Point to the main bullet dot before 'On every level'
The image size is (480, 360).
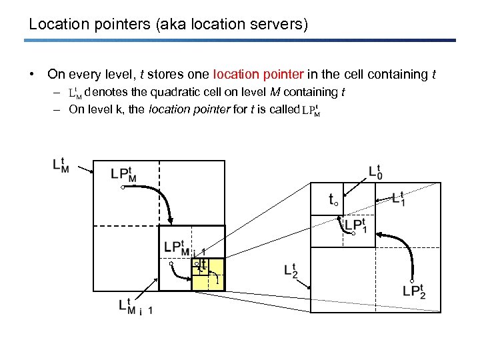(33, 74)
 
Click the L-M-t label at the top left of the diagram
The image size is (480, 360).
(59, 164)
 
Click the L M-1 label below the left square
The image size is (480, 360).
(133, 307)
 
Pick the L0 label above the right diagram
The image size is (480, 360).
(376, 171)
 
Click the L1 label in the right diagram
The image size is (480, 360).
(398, 198)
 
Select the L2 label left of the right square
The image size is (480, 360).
(291, 269)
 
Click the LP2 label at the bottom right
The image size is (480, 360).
(414, 291)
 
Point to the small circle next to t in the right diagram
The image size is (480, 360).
(337, 202)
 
